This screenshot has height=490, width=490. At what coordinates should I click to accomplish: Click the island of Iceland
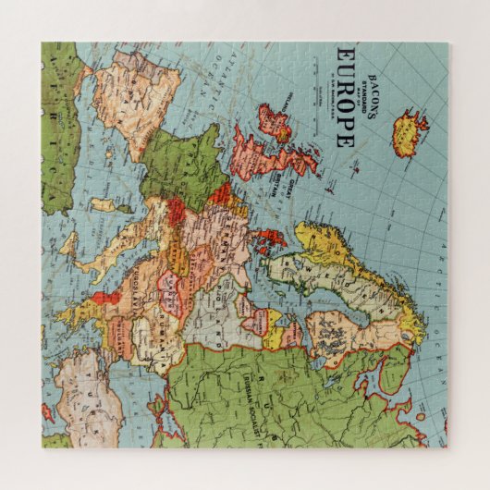coord(408,132)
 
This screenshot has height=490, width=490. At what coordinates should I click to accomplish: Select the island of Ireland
coord(275,122)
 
